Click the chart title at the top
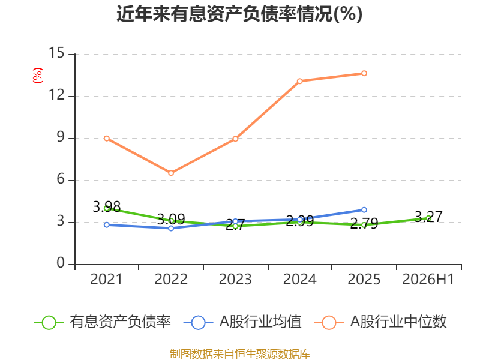[x=239, y=14]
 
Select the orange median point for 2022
[x=171, y=173]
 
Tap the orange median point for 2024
[x=299, y=81]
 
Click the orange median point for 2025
[x=364, y=73]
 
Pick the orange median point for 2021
[x=107, y=139]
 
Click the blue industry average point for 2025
[x=364, y=209]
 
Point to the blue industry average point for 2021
[x=107, y=224]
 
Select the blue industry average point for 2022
[x=171, y=229]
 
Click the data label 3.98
[x=107, y=207]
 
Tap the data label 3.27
[x=428, y=217]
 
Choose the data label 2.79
[x=364, y=224]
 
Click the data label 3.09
[x=171, y=220]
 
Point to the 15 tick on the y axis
[x=57, y=53]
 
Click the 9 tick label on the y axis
[x=61, y=137]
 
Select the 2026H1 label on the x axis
[x=428, y=279]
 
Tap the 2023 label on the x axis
[x=235, y=279]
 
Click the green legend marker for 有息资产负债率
[x=49, y=323]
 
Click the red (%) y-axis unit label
[x=38, y=76]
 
